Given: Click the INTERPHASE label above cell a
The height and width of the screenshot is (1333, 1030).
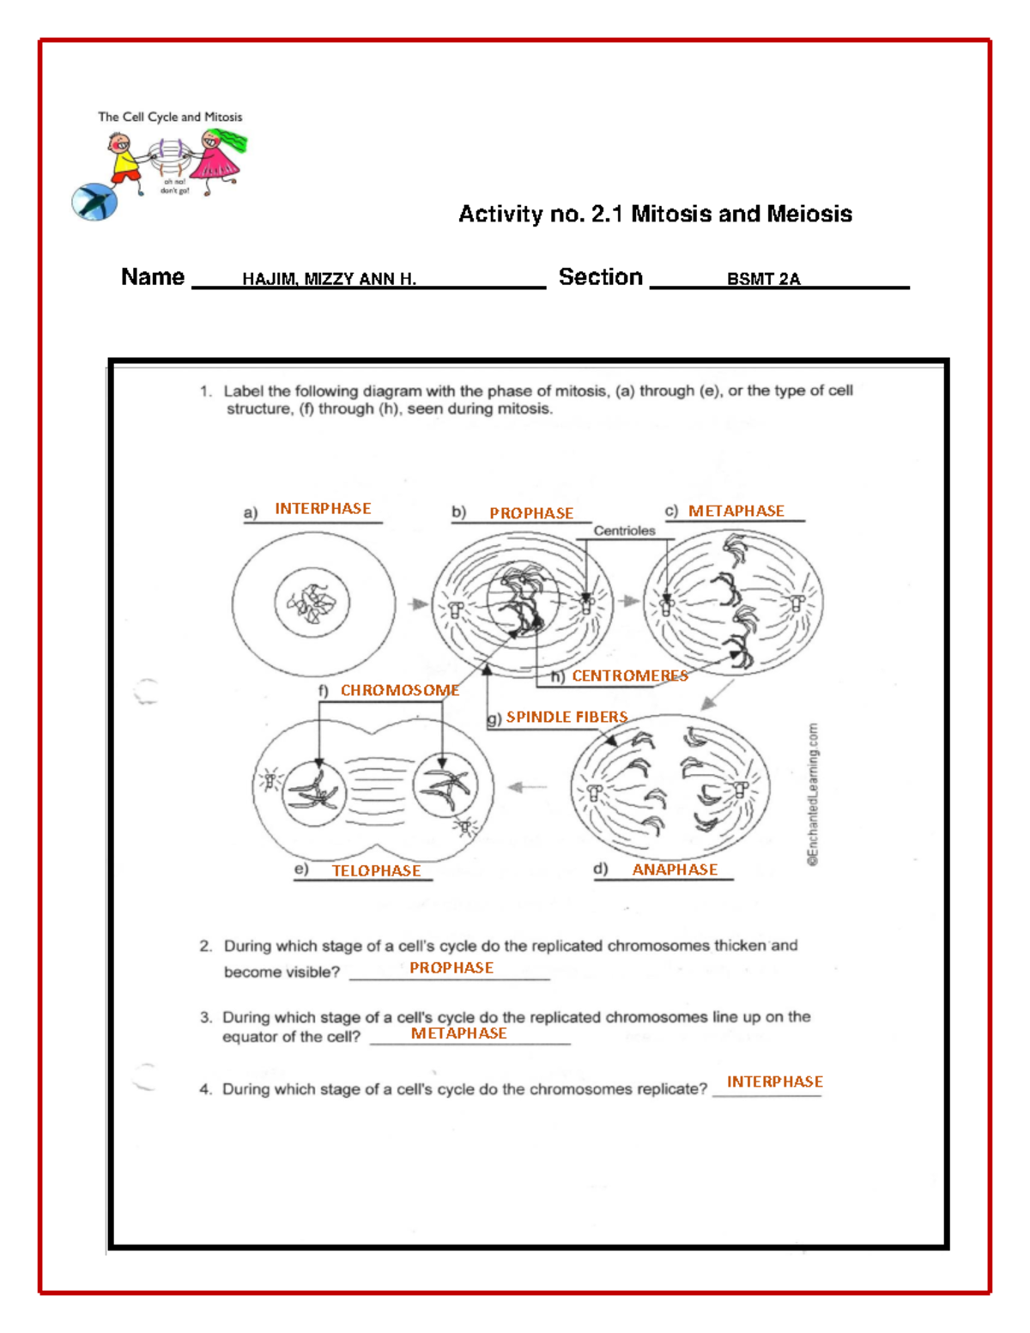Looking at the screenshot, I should (x=323, y=509).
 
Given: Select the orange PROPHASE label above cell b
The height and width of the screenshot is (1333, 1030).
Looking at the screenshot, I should (x=531, y=513).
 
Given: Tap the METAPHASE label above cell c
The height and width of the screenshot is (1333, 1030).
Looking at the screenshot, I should (x=736, y=511).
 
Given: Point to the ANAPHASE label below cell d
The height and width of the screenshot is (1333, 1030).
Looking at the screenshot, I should (x=675, y=869).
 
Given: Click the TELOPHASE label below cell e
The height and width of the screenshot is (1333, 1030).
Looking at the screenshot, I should (x=376, y=870).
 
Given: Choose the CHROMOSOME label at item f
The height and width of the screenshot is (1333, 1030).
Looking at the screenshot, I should (x=399, y=690).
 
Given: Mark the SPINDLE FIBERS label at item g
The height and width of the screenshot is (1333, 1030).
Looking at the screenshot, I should (x=566, y=717).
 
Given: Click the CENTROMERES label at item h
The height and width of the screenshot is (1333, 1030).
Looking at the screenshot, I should (x=630, y=676).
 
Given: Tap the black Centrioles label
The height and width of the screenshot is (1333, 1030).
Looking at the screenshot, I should (x=624, y=531).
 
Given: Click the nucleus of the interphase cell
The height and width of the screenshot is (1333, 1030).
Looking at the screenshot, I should (x=312, y=603).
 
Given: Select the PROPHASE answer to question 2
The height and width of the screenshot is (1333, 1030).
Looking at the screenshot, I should (x=451, y=967).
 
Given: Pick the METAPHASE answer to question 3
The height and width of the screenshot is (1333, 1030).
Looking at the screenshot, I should (x=458, y=1033).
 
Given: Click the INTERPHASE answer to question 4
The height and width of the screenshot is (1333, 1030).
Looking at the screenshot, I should (x=774, y=1082).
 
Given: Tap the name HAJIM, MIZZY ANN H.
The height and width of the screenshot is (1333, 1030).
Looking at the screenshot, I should (x=329, y=279).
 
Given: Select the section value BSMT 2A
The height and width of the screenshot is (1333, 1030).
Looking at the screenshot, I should (x=763, y=279).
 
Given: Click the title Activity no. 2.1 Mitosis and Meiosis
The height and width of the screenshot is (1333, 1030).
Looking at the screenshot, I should (x=655, y=214).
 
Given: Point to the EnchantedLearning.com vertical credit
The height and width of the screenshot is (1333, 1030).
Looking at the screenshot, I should (x=812, y=794).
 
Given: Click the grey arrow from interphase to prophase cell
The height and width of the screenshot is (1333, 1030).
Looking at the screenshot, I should (x=418, y=604).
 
